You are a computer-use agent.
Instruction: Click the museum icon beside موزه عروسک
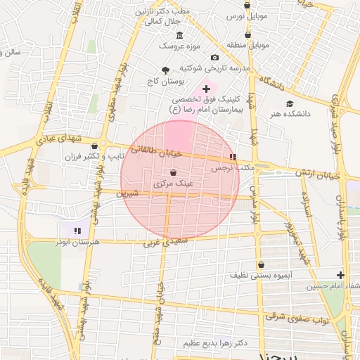179,36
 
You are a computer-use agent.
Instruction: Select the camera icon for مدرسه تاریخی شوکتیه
214,57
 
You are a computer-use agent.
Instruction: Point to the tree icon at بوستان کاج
166,70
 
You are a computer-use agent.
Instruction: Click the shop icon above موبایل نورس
247,4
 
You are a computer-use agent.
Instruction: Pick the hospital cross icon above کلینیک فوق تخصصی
206,89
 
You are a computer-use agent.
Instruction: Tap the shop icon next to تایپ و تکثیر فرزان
95,146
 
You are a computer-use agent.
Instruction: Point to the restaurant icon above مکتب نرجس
233,157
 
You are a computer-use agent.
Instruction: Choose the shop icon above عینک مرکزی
173,172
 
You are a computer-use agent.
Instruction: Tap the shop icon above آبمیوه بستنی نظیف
262,265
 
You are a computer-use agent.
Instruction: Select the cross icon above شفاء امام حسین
341,274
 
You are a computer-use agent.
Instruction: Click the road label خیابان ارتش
323,173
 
